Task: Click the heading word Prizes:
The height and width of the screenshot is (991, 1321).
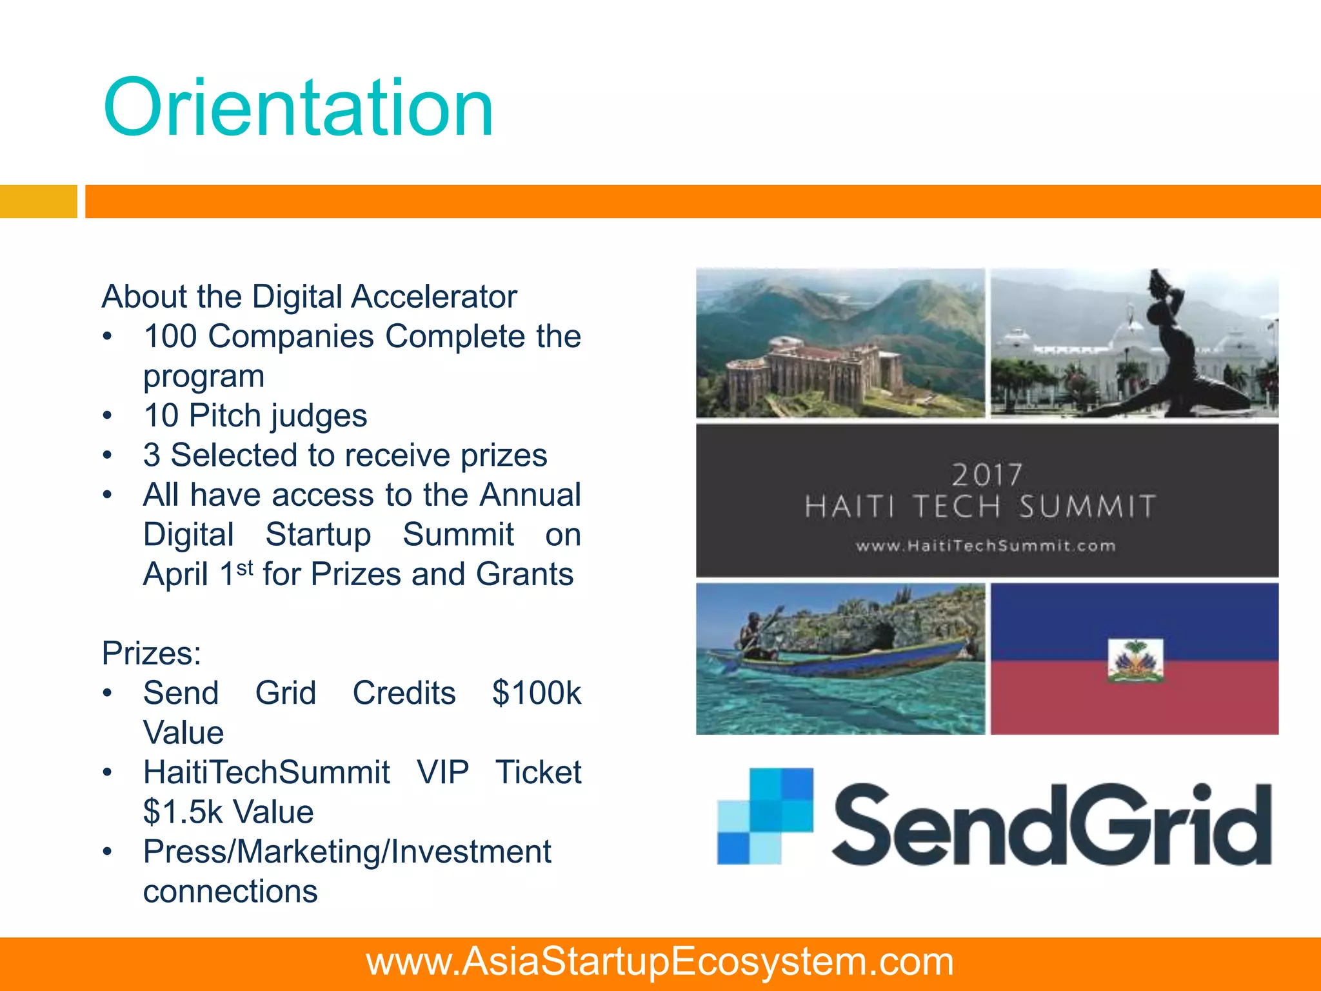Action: [152, 653]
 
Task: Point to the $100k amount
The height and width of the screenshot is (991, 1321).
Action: [536, 694]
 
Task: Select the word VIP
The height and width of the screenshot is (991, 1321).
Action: [442, 772]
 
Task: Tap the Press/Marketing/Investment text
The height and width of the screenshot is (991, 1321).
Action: [347, 852]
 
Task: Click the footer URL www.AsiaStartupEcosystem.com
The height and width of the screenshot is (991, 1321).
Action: [660, 962]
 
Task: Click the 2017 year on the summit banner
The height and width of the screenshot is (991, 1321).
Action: [987, 475]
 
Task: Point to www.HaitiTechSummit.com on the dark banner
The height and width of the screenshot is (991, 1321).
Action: [986, 546]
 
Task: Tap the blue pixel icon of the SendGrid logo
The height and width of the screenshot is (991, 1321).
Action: [765, 816]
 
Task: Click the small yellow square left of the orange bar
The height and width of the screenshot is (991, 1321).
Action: [38, 201]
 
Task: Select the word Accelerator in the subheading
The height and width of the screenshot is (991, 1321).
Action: [434, 297]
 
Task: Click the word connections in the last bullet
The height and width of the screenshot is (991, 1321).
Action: [230, 892]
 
